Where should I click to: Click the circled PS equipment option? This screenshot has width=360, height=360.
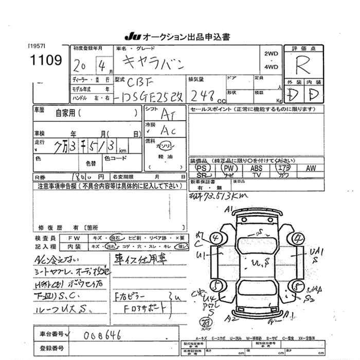click(x=203, y=168)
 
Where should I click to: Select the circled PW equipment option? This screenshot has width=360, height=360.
click(x=230, y=168)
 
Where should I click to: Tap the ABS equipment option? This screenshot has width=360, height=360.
click(x=256, y=168)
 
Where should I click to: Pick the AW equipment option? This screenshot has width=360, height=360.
click(x=311, y=168)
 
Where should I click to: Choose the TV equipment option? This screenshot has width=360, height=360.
click(x=256, y=175)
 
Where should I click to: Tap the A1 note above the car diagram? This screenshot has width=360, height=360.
click(x=228, y=208)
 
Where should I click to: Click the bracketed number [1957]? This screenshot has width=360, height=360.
click(x=38, y=46)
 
